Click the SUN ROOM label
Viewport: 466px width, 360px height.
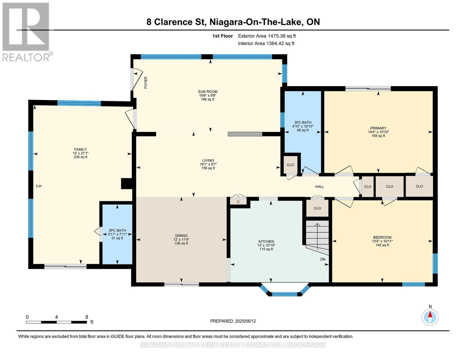click(208, 91)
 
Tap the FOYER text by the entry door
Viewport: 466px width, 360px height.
click(146, 82)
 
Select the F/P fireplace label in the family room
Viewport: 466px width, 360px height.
click(39, 186)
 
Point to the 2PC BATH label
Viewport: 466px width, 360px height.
click(117, 230)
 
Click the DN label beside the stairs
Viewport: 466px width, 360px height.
click(323, 259)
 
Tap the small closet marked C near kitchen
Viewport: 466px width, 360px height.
click(238, 202)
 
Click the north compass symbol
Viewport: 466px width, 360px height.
click(430, 317)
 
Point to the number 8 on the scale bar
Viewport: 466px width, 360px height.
click(87, 317)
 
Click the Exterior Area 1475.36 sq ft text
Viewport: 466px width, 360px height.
click(267, 36)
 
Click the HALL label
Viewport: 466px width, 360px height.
click(320, 187)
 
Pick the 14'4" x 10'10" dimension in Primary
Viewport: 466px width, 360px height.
click(378, 132)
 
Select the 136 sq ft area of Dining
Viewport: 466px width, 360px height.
click(181, 243)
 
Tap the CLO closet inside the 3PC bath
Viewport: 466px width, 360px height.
click(290, 165)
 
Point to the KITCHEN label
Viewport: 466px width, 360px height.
click(266, 241)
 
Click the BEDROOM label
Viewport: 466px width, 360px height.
click(382, 237)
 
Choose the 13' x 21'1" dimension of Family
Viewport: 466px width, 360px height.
click(80, 153)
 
